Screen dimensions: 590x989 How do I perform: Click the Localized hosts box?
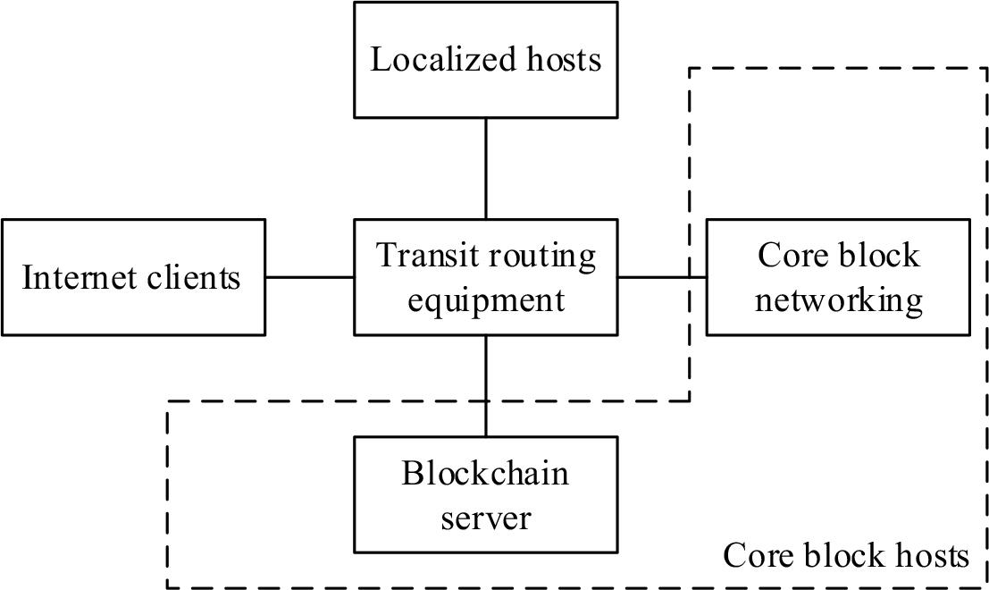click(x=485, y=60)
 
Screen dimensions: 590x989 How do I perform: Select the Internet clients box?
click(x=133, y=277)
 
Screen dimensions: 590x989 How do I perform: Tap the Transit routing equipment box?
click(x=485, y=277)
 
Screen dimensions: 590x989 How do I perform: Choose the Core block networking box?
click(x=837, y=277)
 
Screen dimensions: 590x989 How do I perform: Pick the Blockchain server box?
click(x=485, y=494)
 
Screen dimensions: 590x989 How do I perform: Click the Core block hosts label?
click(x=845, y=555)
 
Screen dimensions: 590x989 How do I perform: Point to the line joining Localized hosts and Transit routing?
click(x=485, y=168)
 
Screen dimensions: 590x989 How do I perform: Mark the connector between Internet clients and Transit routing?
click(x=309, y=277)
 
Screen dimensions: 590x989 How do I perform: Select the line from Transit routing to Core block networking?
click(x=661, y=277)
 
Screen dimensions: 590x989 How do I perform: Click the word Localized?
click(x=442, y=60)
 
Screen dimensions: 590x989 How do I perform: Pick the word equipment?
click(x=485, y=300)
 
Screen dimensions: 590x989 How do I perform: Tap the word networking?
click(x=837, y=300)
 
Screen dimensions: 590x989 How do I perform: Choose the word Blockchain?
click(x=485, y=472)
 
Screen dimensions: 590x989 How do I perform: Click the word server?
click(x=485, y=518)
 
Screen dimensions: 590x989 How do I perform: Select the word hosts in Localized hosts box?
click(x=560, y=60)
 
